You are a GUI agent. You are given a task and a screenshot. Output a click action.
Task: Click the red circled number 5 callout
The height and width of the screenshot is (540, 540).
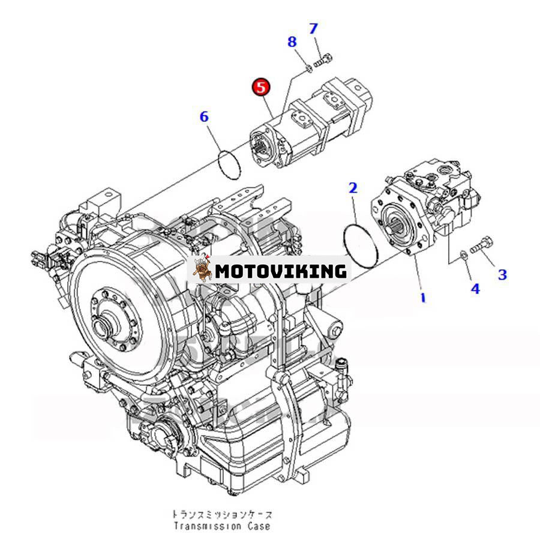tap(261, 87)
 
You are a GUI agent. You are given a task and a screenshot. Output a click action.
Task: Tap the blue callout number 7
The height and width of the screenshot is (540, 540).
tap(313, 29)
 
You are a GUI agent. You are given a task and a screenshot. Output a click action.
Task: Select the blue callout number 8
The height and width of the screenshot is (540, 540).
tap(292, 42)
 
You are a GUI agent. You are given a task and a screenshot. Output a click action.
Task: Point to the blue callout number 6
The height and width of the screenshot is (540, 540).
tap(204, 117)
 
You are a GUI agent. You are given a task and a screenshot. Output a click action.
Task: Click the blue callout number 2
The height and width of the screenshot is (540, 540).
tap(353, 188)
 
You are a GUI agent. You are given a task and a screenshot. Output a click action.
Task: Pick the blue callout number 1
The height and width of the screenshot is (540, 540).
tap(423, 298)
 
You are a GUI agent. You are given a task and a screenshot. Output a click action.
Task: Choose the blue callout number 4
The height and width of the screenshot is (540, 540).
tap(475, 289)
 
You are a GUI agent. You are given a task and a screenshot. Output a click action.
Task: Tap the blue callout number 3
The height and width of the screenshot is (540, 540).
tap(502, 274)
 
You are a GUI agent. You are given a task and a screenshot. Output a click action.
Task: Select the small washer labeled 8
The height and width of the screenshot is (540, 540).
tap(309, 68)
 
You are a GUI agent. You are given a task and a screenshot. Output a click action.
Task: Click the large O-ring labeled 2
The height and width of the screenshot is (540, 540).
tap(361, 245)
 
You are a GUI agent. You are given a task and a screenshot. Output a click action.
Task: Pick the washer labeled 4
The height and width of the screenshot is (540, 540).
tap(464, 256)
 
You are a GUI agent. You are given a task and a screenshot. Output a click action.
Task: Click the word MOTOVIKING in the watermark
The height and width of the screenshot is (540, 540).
tap(280, 271)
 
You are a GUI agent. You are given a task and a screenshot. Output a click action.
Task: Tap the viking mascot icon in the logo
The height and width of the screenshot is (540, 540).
tap(203, 268)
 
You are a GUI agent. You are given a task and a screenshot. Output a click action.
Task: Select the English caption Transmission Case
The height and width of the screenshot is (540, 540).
tap(222, 526)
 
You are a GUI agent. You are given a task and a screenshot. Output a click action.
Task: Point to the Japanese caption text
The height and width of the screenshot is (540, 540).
tap(222, 515)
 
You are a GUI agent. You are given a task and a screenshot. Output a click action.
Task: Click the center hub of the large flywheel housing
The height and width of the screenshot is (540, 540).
tap(103, 323)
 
